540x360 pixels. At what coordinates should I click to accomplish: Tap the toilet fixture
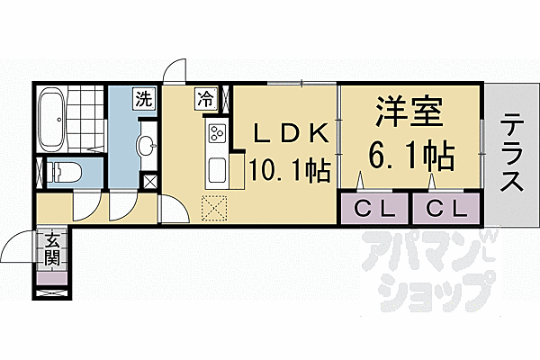coord(67,172)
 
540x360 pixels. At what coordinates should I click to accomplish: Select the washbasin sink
coord(145,146)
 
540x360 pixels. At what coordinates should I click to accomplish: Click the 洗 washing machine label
coord(143,98)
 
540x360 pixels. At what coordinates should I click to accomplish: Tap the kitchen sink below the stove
coord(218,169)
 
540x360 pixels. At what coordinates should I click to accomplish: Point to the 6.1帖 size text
coord(408,157)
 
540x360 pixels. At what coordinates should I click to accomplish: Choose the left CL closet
coord(374,210)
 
